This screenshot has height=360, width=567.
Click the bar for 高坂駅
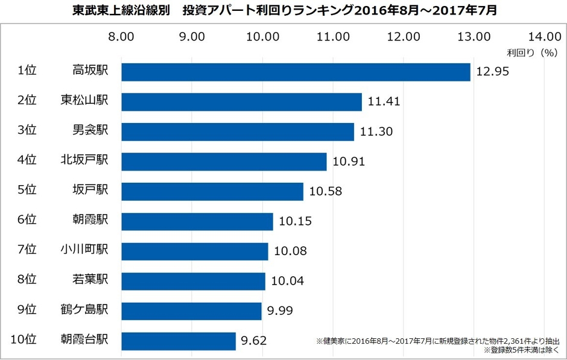(x=296, y=72)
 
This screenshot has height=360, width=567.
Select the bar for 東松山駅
(x=241, y=102)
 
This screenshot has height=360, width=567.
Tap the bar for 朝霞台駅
(x=179, y=341)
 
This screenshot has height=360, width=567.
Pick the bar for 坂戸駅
(x=212, y=192)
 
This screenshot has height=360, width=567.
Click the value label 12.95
(x=493, y=72)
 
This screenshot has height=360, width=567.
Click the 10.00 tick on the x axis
(x=262, y=36)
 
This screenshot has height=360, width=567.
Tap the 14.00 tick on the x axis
(x=545, y=36)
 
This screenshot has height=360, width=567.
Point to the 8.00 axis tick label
(x=121, y=36)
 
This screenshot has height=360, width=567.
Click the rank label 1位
(x=27, y=70)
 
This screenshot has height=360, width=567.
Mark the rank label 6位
(x=27, y=219)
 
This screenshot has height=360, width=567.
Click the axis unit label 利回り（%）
(x=531, y=52)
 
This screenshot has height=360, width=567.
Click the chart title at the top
(x=283, y=11)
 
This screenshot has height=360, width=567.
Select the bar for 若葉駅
(x=193, y=281)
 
